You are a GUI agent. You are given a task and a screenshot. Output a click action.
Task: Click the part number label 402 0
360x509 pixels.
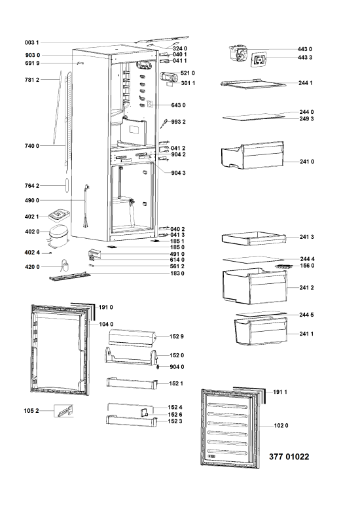click(32, 232)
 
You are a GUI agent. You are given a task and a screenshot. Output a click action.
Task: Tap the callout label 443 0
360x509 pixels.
click(304, 49)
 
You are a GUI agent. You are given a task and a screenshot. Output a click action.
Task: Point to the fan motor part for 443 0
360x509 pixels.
click(238, 54)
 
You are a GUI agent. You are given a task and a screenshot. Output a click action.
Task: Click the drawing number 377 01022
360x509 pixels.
click(289, 457)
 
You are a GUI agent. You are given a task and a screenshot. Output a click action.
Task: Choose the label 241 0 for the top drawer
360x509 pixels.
click(307, 162)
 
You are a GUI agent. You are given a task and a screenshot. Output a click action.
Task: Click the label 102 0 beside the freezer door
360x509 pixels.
click(281, 425)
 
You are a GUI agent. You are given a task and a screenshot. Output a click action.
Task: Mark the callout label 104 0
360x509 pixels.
click(106, 325)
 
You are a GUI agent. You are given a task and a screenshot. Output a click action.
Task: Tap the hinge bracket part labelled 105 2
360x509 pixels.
click(63, 411)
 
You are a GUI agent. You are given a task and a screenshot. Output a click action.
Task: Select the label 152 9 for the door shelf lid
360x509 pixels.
click(177, 337)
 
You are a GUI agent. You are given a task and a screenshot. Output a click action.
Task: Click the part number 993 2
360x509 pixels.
click(179, 122)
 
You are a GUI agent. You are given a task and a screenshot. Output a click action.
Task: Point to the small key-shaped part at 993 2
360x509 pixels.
click(165, 124)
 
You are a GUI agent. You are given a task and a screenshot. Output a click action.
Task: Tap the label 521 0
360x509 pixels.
click(187, 73)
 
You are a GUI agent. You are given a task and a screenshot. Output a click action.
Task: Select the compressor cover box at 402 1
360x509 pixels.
click(59, 215)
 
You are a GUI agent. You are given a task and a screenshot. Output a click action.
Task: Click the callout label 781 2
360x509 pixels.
click(32, 80)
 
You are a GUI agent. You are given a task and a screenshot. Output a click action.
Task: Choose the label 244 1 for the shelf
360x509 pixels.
click(306, 83)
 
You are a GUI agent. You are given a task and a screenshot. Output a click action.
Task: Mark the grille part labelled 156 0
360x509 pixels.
click(286, 266)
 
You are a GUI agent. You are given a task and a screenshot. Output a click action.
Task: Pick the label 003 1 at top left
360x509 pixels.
click(31, 43)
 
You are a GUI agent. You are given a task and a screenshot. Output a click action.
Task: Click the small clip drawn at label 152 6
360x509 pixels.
click(144, 412)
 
